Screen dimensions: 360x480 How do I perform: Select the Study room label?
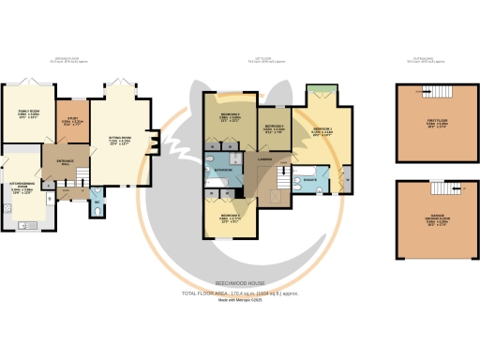pyautogui.click(x=66, y=120)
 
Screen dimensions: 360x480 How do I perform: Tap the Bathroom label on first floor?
pyautogui.click(x=221, y=170)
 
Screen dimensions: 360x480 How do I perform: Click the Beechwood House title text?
pyautogui.click(x=240, y=280)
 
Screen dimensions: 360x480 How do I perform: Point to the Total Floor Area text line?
pyautogui.click(x=240, y=292)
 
